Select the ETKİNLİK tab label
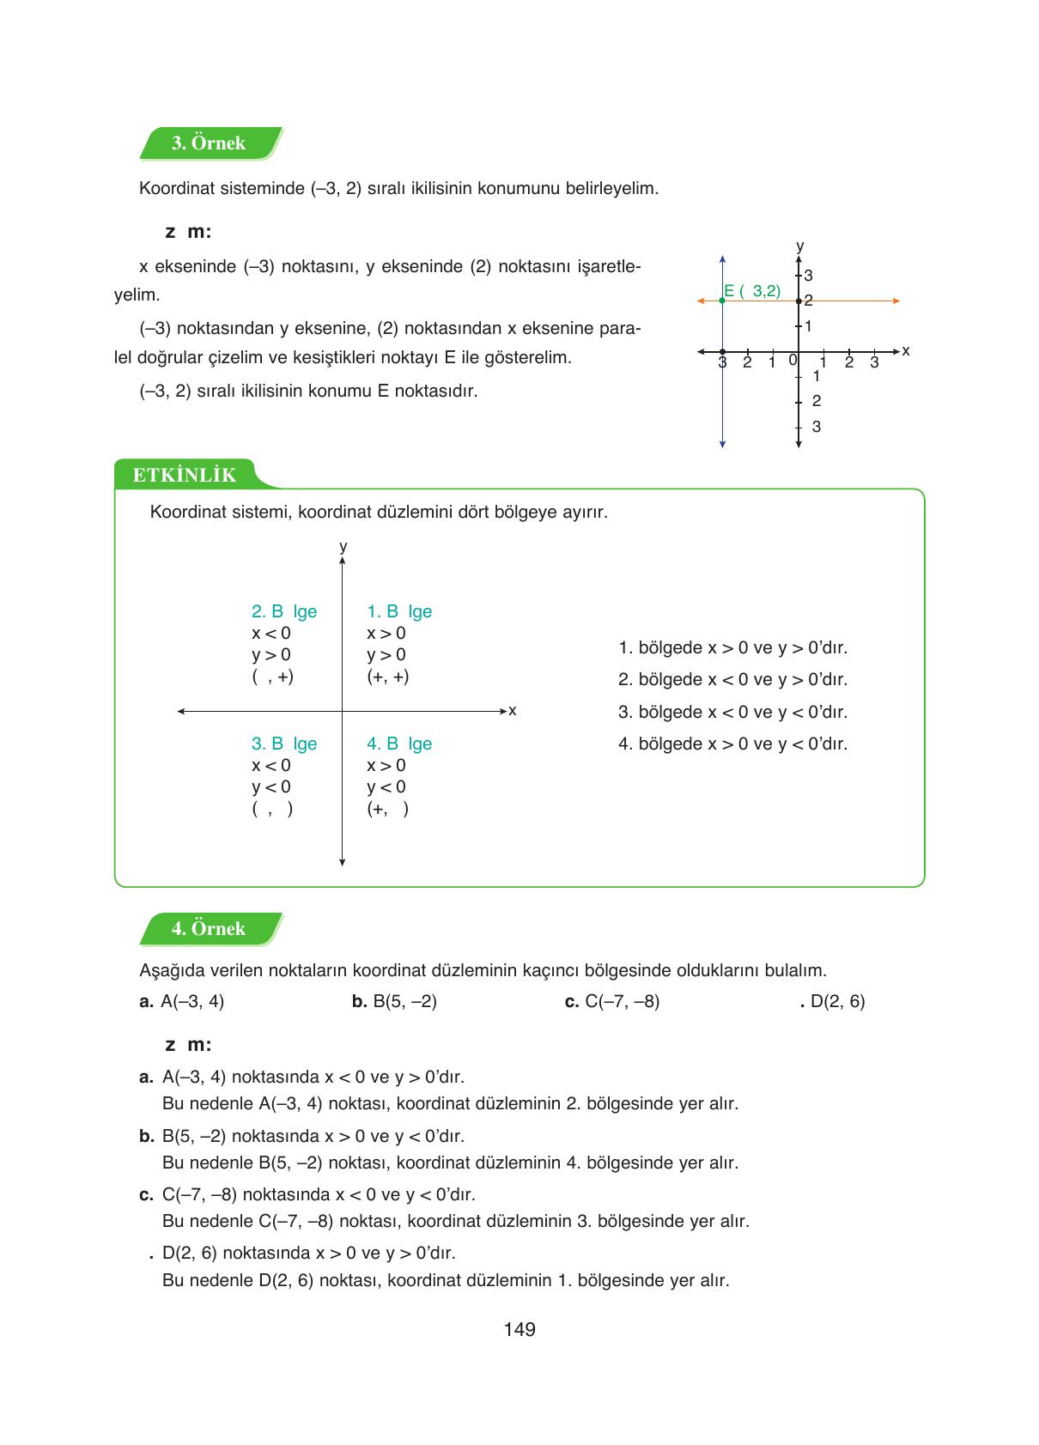(184, 476)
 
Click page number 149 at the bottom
(519, 1330)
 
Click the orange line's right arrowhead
(896, 301)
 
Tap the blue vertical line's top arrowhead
(722, 258)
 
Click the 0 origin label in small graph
(792, 360)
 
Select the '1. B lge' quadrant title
(399, 611)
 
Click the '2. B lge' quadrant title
(284, 611)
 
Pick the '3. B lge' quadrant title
(284, 744)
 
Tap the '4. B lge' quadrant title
(399, 744)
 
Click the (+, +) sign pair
(388, 677)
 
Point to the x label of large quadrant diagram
(513, 711)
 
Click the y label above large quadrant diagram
(343, 547)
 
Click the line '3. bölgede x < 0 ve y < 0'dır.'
(732, 712)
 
